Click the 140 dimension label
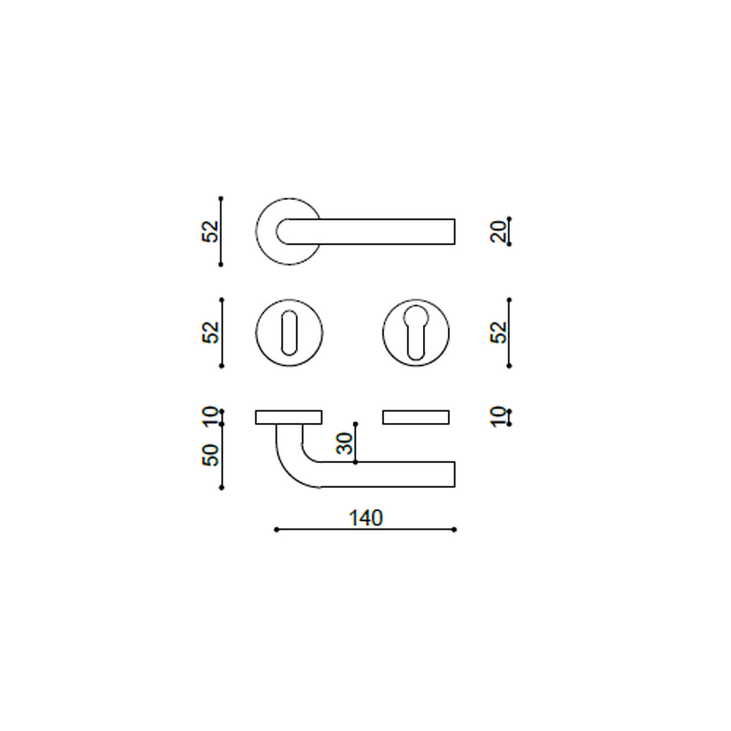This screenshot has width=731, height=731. (365, 518)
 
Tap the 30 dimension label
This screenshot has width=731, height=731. (344, 443)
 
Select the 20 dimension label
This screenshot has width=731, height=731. (498, 231)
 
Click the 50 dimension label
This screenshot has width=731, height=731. (210, 455)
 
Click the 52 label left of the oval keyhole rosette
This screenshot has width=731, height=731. (210, 333)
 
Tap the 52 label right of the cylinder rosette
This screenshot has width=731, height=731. (498, 333)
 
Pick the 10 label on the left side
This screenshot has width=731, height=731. (210, 417)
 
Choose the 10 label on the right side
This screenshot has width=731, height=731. (498, 417)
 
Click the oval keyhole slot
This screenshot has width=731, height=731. (289, 333)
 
